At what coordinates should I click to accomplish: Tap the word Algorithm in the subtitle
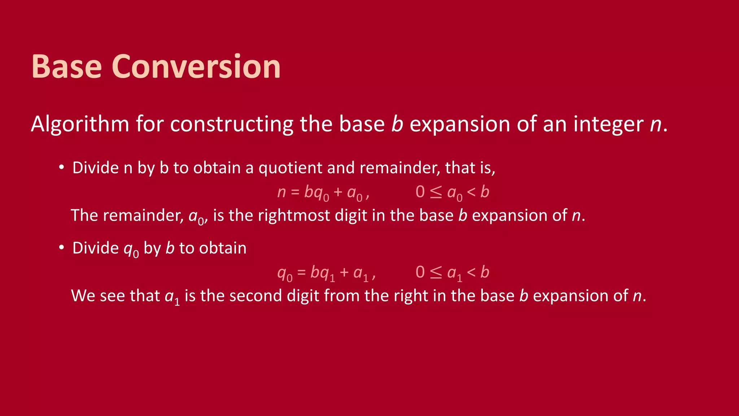click(x=80, y=124)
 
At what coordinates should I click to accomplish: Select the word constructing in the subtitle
click(x=232, y=124)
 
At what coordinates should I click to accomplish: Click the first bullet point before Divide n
click(x=62, y=167)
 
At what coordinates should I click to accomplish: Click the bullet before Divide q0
click(x=62, y=248)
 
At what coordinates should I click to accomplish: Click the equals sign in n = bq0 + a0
click(x=295, y=192)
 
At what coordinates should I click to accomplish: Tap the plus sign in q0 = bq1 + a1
click(x=344, y=272)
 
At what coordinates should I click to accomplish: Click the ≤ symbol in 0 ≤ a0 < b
click(x=436, y=192)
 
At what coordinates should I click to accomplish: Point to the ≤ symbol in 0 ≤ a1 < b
click(x=436, y=272)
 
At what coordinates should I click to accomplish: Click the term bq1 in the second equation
click(x=323, y=273)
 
